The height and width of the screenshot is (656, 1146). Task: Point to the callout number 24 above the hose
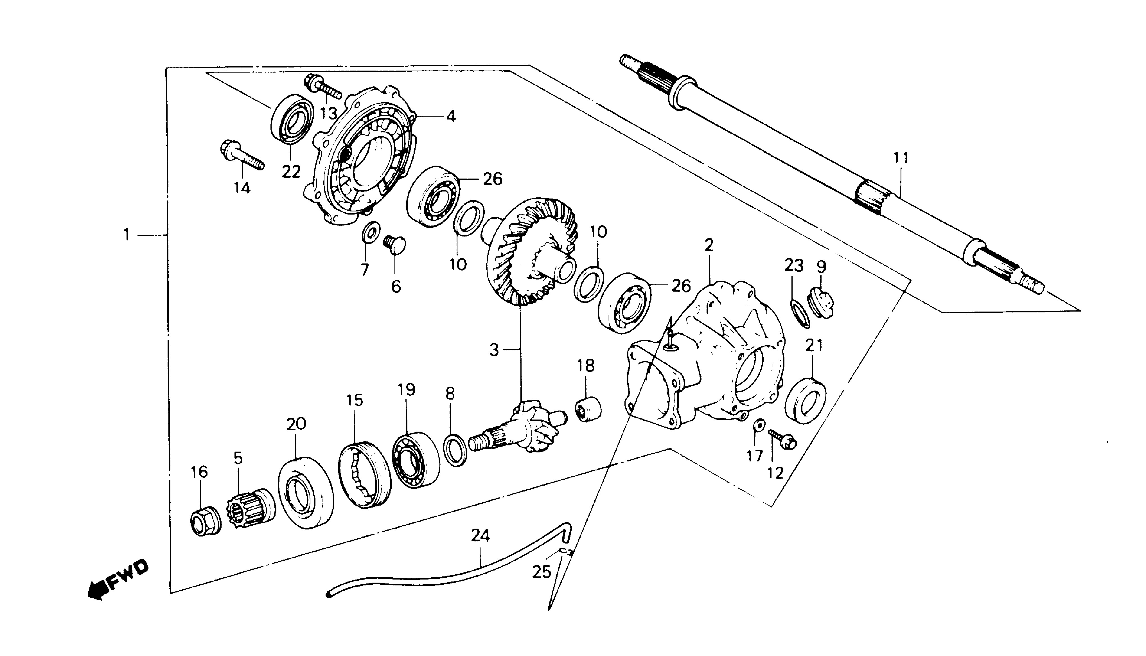point(480,536)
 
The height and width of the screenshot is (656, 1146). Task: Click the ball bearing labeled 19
point(415,459)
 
